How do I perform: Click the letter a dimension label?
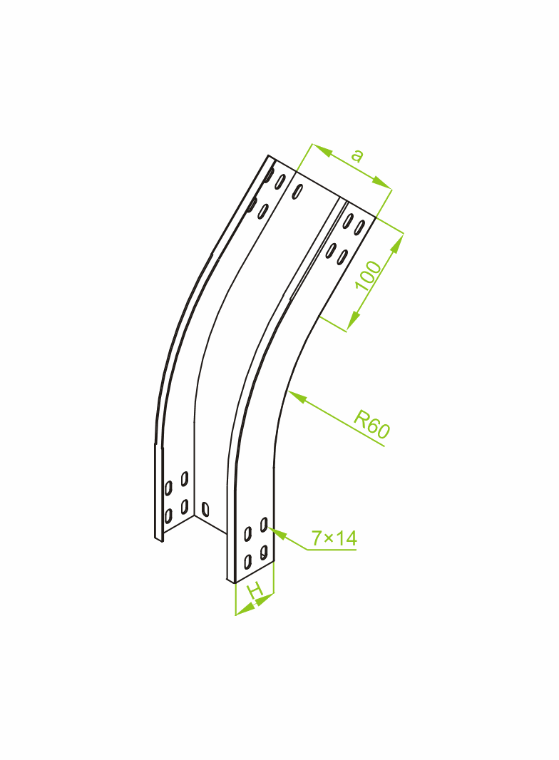[357, 155]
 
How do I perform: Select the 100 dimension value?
[369, 275]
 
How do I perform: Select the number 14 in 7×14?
[346, 538]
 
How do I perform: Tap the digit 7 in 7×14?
[317, 538]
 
